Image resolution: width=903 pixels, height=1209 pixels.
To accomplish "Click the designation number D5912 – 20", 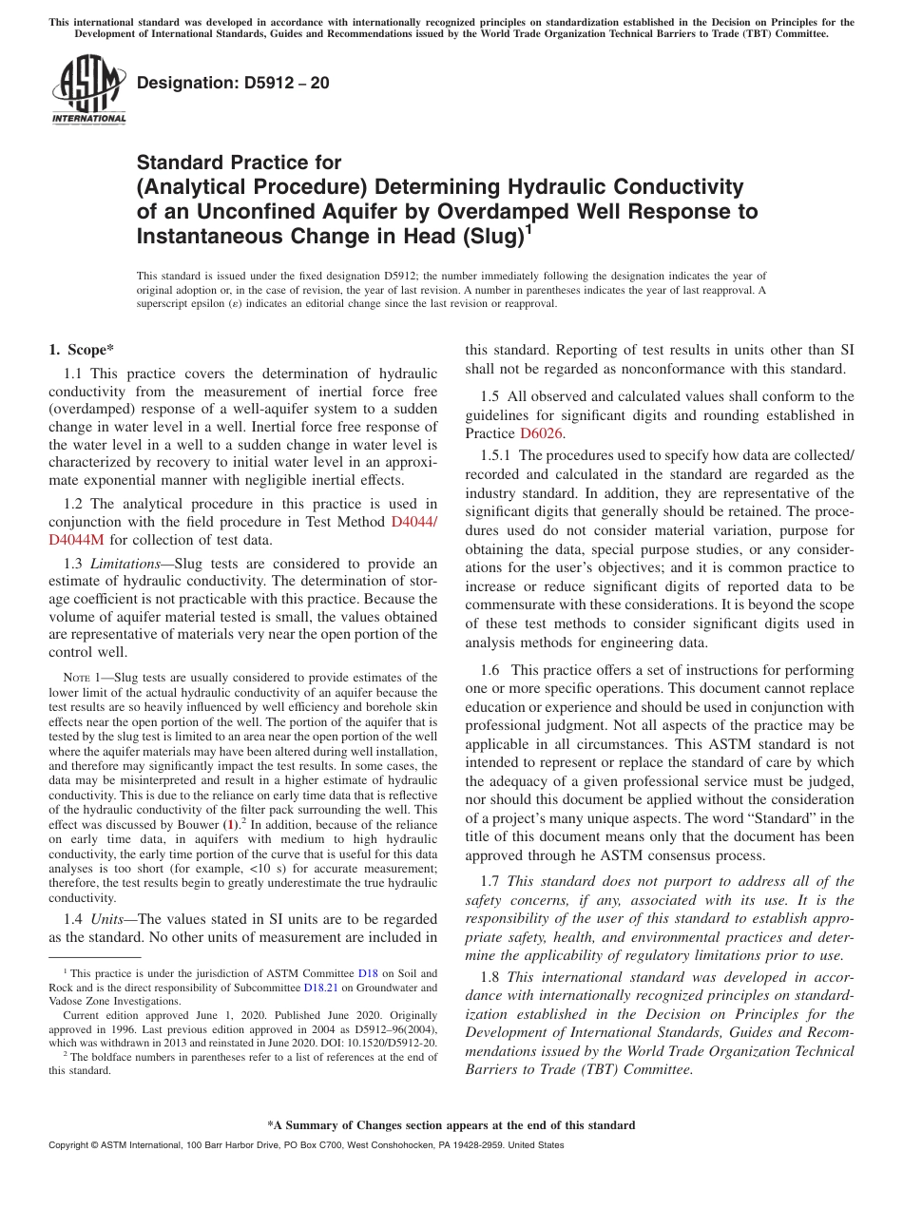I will [x=233, y=83].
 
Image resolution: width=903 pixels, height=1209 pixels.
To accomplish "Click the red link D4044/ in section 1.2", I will [x=414, y=522].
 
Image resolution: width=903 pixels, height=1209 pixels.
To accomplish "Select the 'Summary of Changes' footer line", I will [x=451, y=1125].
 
